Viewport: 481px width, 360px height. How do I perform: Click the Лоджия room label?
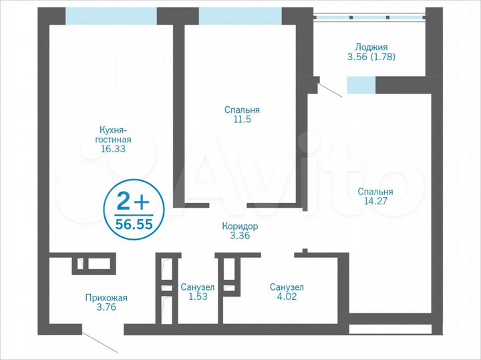point(371,47)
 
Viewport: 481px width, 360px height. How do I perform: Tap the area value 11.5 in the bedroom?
point(242,120)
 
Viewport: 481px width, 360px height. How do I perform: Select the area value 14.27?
point(374,202)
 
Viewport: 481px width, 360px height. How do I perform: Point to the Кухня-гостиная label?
point(114,134)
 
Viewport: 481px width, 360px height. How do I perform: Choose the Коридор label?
point(240,226)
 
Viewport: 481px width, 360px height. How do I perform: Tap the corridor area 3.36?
point(240,236)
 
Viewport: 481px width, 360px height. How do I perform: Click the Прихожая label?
point(106,298)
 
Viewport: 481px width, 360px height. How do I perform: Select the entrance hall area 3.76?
point(106,308)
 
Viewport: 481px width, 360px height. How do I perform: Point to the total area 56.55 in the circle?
point(134,224)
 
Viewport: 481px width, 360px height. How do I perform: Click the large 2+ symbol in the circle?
point(133,200)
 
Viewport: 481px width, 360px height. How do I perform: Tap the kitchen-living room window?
point(111,15)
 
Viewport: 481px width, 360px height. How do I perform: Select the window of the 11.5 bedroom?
point(240,15)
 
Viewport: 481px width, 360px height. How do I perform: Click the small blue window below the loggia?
point(361,85)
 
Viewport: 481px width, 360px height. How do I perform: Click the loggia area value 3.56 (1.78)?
point(371,57)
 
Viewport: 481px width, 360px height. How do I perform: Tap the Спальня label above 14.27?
point(374,192)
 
